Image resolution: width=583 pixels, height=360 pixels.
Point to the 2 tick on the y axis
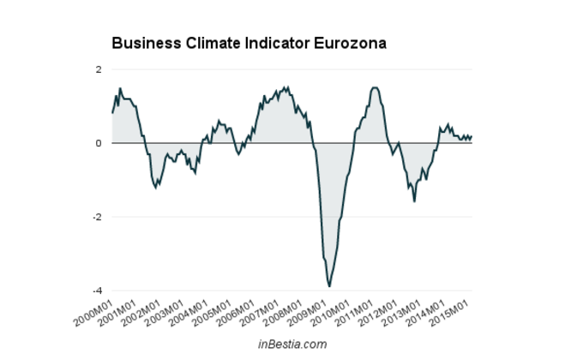pos(99,69)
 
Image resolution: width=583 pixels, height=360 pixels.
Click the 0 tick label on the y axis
pos(99,143)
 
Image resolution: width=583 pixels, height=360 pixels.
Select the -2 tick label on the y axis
pos(97,217)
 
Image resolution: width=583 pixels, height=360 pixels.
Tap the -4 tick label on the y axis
pos(97,291)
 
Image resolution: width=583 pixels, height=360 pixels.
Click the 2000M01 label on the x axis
pos(93,311)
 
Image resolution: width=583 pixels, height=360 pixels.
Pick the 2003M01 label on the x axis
pos(165,311)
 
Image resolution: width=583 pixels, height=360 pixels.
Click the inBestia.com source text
pos(292,344)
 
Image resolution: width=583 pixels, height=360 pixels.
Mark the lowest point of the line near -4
pos(329,286)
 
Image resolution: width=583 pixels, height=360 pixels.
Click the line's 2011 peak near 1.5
pos(375,87)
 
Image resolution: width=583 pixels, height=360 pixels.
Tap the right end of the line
pos(472,136)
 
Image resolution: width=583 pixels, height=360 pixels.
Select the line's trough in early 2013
pos(415,201)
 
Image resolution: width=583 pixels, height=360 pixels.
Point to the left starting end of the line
pos(112,112)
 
